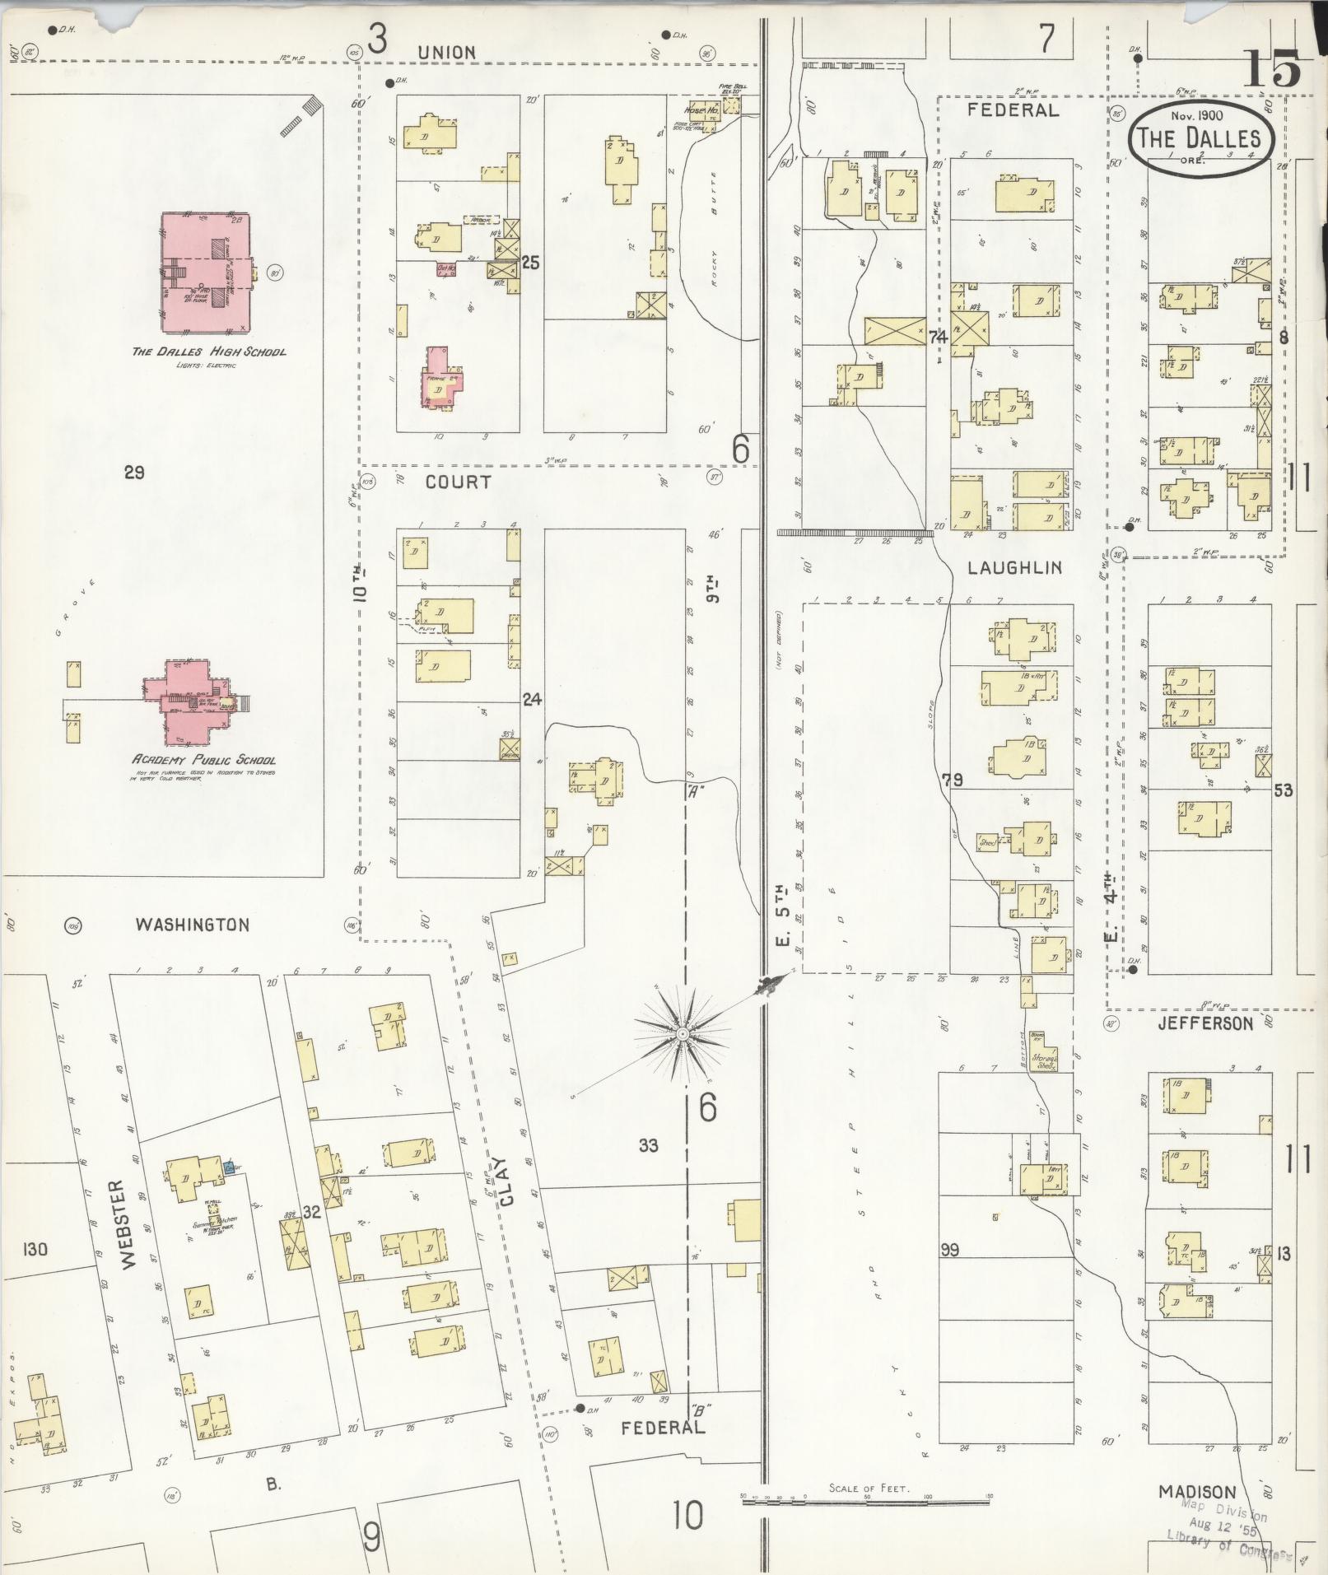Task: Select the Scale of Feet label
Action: [869, 1489]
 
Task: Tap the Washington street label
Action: [193, 925]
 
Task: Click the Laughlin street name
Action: [1014, 567]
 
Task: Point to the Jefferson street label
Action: [1205, 1023]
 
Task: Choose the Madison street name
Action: [1197, 1491]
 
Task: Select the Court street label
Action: [458, 482]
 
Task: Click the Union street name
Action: [446, 53]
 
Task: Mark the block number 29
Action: [134, 472]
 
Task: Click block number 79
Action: [953, 780]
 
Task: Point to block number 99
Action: [949, 1250]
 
